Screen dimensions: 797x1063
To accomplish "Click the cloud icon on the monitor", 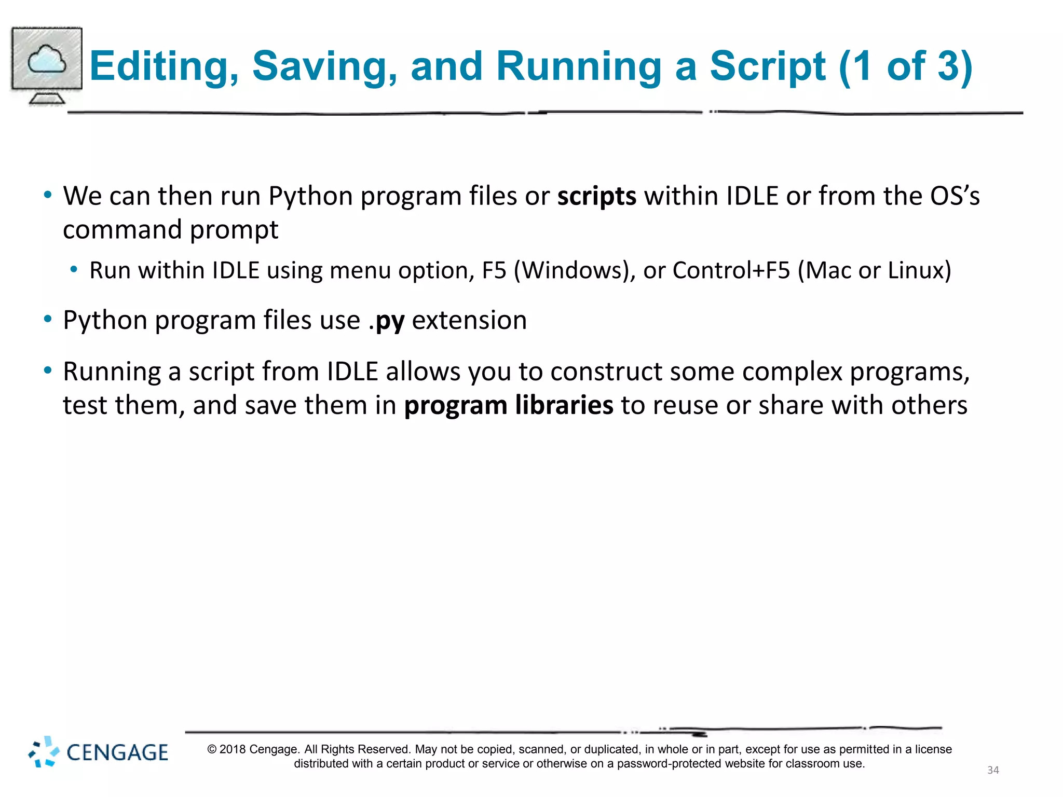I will pos(47,59).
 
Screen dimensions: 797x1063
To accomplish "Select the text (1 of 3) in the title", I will pos(905,66).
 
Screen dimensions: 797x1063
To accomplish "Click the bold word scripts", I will pos(596,197).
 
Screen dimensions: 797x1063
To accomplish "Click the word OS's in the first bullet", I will pos(955,196).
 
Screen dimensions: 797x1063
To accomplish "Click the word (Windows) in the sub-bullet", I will pos(574,270).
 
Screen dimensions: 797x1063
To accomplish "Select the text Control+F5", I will pos(731,270).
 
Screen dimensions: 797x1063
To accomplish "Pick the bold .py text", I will pos(386,321).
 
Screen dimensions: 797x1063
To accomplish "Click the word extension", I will pos(469,320).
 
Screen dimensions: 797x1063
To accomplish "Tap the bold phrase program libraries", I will pos(509,405).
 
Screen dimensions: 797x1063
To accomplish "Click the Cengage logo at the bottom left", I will pos(98,752).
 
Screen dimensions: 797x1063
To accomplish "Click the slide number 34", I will pos(992,770).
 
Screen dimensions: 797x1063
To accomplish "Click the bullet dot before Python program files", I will pos(48,319).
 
